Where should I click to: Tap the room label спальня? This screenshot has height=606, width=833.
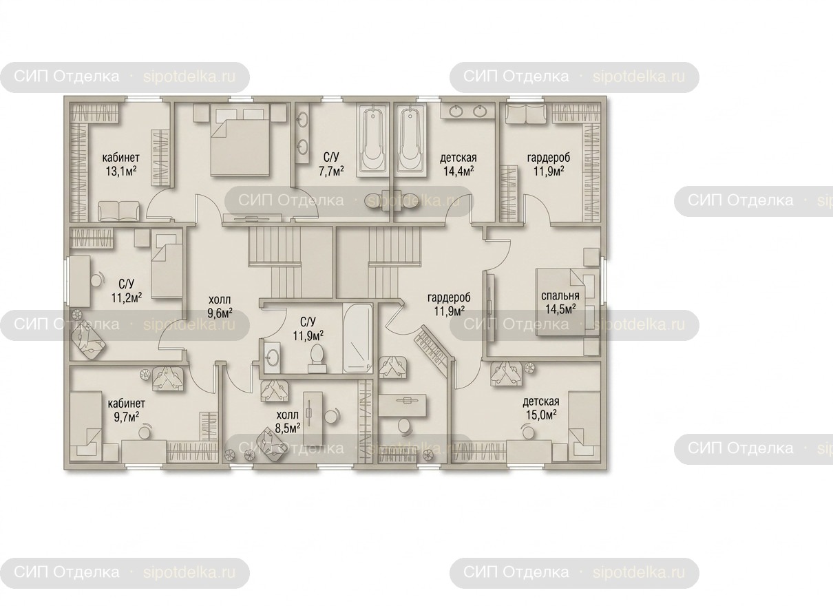click(560, 295)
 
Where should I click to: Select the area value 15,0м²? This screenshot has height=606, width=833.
click(541, 415)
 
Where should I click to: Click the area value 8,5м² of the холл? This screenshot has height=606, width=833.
click(288, 428)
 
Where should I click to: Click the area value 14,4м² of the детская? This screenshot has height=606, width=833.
click(458, 171)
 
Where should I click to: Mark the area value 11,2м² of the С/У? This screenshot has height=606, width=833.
click(127, 297)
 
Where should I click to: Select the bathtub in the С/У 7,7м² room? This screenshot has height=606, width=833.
click(372, 140)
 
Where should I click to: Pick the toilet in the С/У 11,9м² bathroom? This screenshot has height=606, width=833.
click(317, 358)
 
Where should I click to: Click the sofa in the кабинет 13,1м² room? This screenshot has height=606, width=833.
click(119, 211)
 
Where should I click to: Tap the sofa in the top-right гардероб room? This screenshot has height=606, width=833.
click(527, 113)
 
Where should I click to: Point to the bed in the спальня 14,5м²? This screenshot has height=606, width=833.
click(567, 302)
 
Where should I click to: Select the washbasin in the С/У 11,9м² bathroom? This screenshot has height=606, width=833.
click(273, 358)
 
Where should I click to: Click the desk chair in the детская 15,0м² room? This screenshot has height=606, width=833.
click(527, 432)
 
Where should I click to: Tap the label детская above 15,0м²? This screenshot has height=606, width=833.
click(541, 401)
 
